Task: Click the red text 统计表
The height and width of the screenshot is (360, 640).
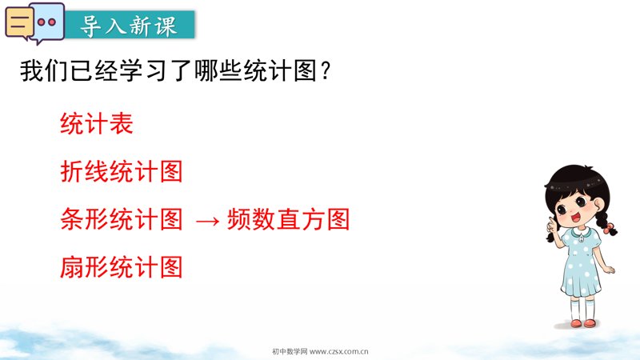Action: (97, 123)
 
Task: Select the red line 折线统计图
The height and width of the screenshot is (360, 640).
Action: (122, 171)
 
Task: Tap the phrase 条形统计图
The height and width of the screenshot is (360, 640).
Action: (122, 219)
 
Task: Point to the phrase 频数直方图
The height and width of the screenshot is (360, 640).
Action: (288, 219)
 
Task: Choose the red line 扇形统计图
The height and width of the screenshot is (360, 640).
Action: (122, 267)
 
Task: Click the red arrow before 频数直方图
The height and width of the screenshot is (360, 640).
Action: (207, 222)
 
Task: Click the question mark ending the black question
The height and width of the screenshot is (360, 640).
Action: (326, 70)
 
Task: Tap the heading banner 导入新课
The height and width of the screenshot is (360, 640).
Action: (130, 25)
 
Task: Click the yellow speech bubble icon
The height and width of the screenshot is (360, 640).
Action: (18, 23)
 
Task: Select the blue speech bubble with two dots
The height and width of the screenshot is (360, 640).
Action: (47, 22)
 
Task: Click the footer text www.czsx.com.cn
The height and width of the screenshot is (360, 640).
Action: (338, 351)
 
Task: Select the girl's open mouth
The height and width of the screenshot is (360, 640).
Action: (576, 216)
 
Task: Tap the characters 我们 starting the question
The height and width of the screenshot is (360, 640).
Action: (45, 70)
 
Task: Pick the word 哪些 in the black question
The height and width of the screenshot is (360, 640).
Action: (218, 70)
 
